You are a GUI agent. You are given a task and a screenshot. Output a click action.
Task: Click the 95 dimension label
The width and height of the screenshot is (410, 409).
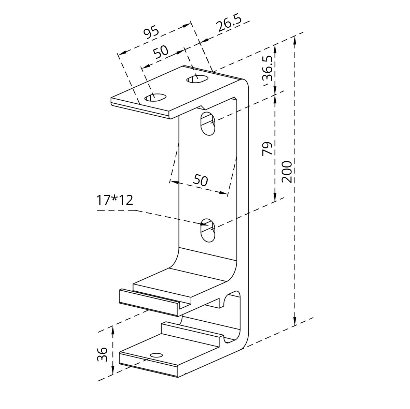click(x=151, y=31)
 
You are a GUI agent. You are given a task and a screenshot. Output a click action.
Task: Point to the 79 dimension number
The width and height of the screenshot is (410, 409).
click(x=267, y=148)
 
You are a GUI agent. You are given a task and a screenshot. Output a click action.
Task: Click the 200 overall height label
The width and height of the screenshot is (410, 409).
click(x=287, y=172)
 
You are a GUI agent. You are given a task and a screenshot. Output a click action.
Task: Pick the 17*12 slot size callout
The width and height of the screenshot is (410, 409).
click(x=115, y=200)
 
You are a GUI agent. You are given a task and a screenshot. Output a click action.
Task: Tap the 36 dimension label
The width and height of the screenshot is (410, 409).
click(x=102, y=354)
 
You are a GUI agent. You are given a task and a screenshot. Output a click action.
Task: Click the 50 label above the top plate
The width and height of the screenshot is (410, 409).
click(x=161, y=52)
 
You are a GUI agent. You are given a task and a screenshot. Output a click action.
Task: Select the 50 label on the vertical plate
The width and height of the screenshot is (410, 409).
click(x=200, y=180)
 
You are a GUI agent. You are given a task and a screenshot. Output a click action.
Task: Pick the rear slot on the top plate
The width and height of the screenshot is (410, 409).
click(x=197, y=79)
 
